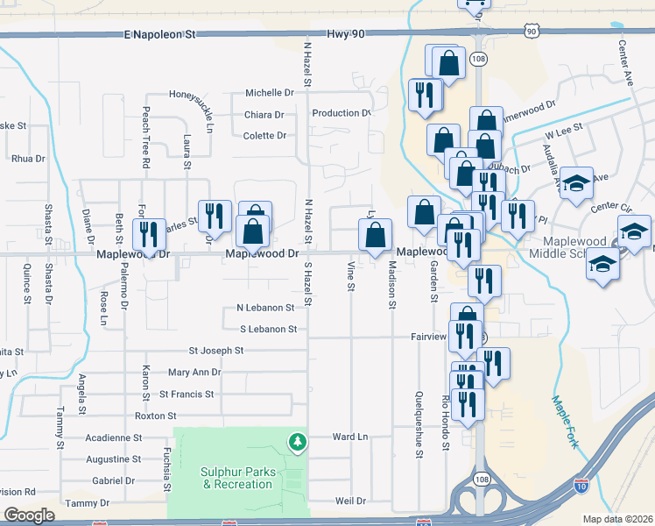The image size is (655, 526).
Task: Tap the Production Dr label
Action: click(342, 113)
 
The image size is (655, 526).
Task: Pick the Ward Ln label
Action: click(349, 437)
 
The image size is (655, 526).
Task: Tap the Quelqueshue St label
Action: click(419, 424)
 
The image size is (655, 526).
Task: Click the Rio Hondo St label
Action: click(445, 422)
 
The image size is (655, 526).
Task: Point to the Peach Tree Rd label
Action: click(146, 139)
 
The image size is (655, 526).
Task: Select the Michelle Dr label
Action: click(269, 93)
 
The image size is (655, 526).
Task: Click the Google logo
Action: click(29, 515)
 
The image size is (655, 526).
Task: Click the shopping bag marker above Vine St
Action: click(375, 236)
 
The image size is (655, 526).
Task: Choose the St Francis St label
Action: click(187, 394)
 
